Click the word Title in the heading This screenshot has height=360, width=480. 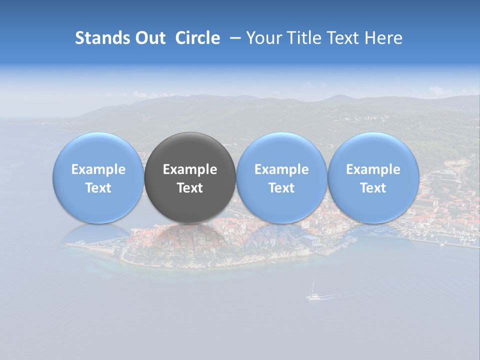coord(304,38)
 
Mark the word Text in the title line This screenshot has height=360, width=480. coord(343,38)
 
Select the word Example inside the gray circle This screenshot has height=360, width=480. coord(190,169)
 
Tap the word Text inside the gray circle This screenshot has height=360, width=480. coord(190,188)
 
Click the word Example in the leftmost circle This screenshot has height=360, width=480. coord(98,169)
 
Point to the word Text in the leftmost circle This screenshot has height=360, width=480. coord(98,188)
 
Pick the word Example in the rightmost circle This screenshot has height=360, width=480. coord(373,169)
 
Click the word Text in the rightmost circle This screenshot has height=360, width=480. coord(373,188)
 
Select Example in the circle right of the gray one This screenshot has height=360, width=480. coord(281,169)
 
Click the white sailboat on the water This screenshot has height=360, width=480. coord(313,293)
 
